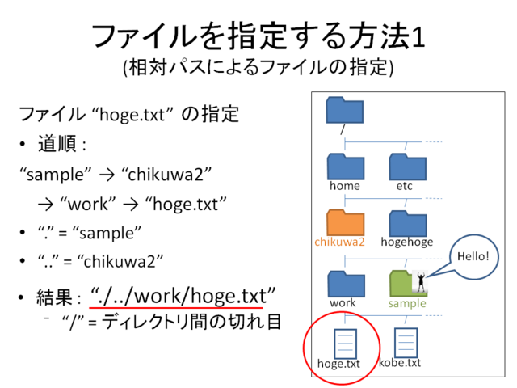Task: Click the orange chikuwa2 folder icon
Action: tap(346, 222)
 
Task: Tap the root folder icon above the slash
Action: tap(345, 110)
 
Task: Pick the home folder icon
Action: tap(346, 167)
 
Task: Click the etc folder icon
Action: tap(408, 167)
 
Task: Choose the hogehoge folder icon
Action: tap(408, 223)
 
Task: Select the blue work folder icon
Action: tap(347, 284)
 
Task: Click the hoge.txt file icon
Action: tap(345, 344)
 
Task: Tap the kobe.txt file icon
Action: tap(406, 343)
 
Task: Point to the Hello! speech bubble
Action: tap(473, 257)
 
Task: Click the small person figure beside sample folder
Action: tap(421, 282)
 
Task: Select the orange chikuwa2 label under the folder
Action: tap(339, 242)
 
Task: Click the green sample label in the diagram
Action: tap(407, 303)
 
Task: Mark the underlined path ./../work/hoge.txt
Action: tap(183, 296)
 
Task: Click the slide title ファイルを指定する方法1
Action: tap(258, 36)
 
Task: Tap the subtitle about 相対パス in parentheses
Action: tap(258, 67)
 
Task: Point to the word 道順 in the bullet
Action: tap(57, 144)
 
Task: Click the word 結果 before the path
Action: tap(54, 297)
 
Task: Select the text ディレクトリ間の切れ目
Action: tap(191, 322)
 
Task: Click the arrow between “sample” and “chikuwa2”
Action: tap(107, 175)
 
